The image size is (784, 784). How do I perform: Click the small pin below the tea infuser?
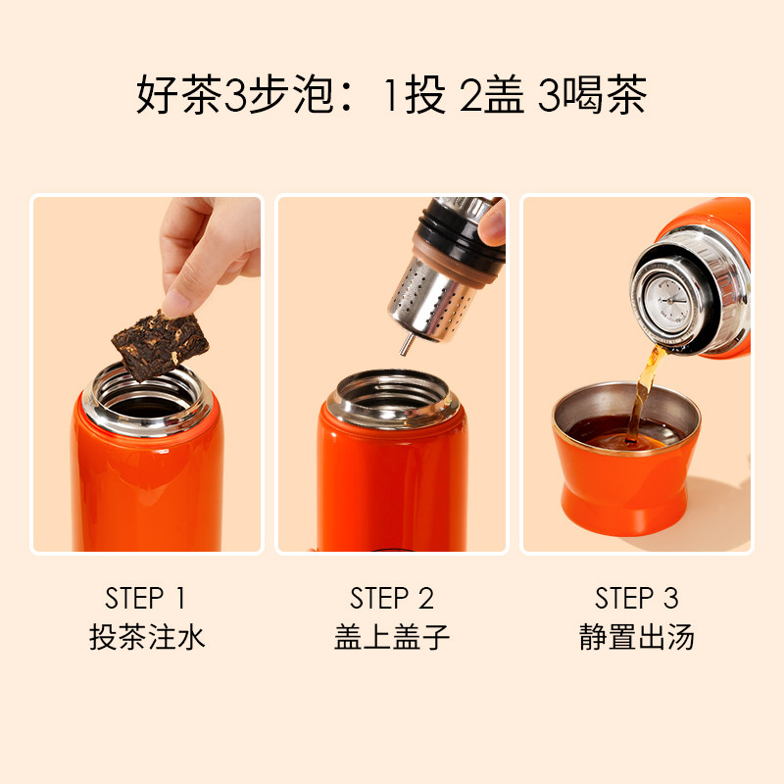404,343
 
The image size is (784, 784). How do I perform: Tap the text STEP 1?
146,598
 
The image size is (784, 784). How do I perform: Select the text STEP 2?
391,598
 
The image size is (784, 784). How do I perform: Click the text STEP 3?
636,598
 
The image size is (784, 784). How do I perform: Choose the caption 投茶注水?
146,638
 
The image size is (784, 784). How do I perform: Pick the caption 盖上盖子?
391,638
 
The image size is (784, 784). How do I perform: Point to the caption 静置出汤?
636,638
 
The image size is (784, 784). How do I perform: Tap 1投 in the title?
415,97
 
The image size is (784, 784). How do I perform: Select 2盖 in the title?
493,97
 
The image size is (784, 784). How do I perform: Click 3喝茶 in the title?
592,97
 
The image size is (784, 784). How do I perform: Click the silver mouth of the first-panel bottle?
144,392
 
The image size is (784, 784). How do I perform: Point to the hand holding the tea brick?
211,250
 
